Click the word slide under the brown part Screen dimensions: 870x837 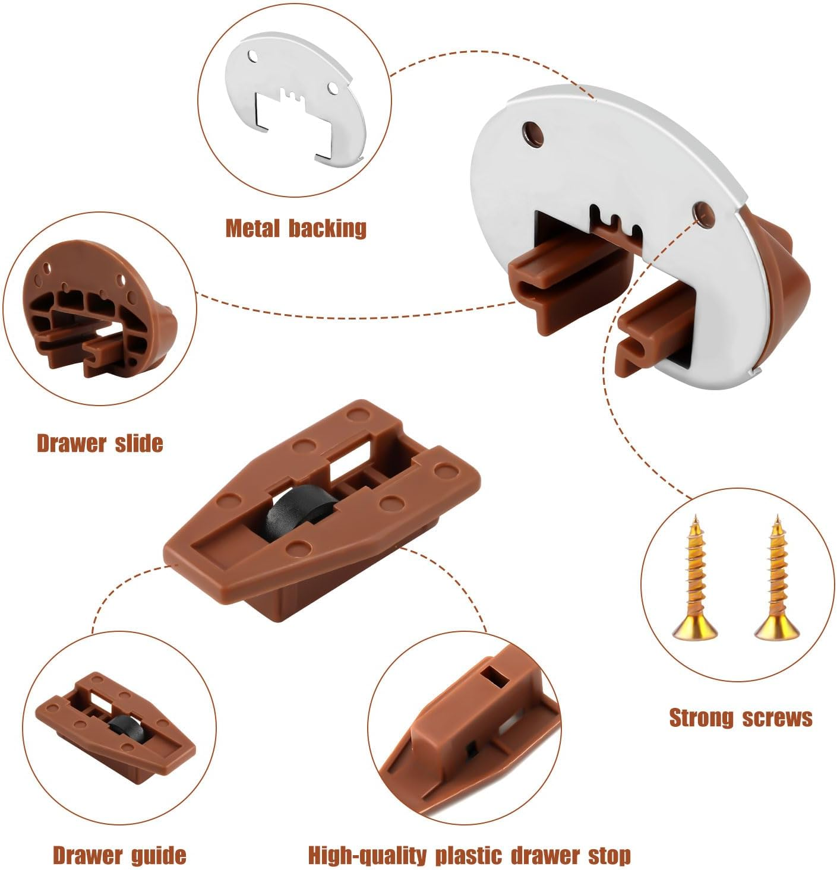(x=136, y=443)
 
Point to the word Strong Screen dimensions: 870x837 (x=702, y=718)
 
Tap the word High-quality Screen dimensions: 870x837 (x=367, y=856)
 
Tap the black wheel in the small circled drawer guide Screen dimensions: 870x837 (x=122, y=726)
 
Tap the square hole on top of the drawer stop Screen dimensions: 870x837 (x=492, y=676)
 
